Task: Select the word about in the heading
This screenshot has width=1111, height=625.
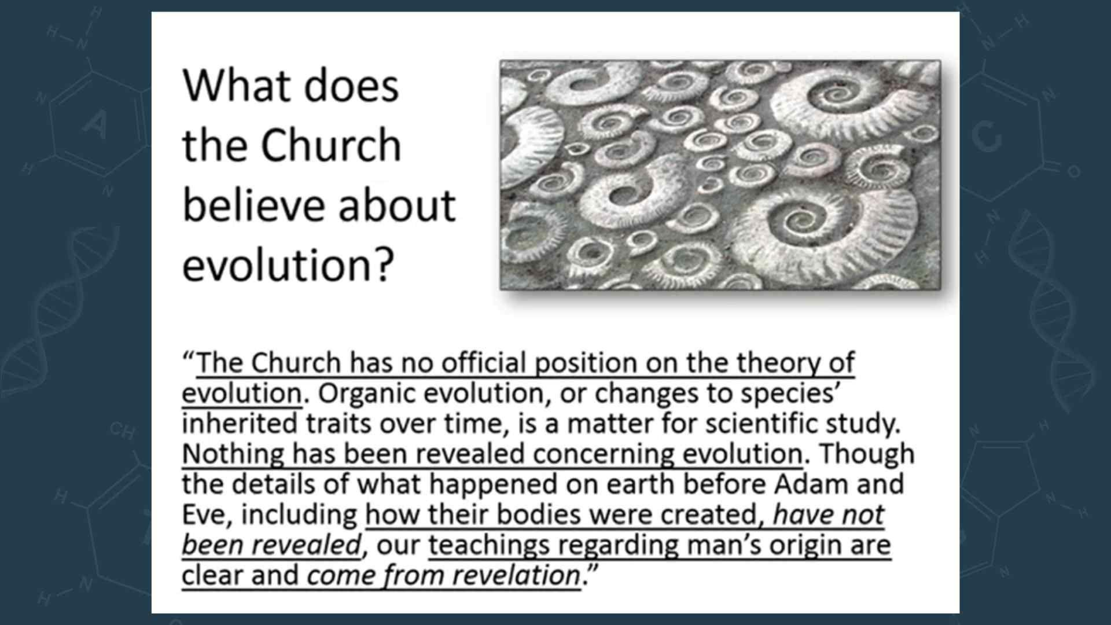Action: coord(397,205)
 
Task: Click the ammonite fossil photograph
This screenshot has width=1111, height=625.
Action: coord(720,175)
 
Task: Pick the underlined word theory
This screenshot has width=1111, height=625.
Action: coord(777,364)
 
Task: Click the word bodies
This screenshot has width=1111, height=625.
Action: coord(538,514)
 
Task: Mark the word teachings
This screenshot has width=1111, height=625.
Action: coord(489,546)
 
